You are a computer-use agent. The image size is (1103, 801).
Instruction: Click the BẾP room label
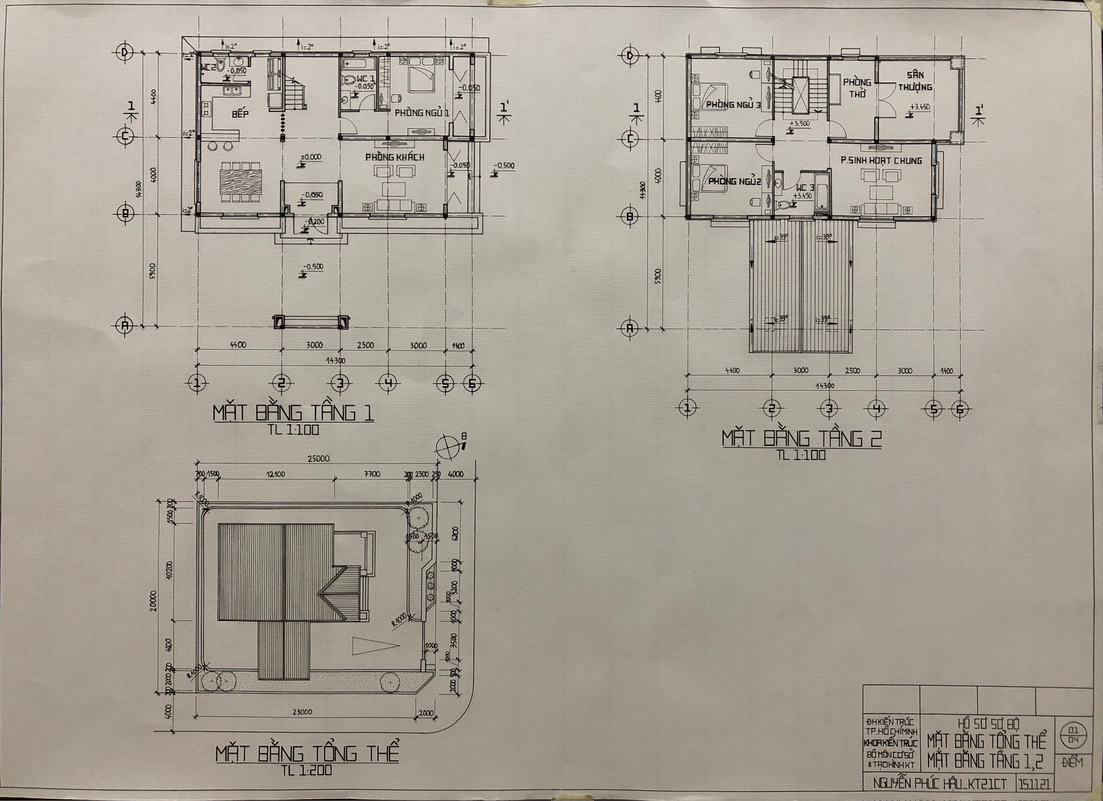tap(240, 114)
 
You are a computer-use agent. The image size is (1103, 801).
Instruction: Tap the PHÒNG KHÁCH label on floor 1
tap(394, 157)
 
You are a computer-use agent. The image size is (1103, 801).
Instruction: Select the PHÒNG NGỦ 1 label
tap(422, 113)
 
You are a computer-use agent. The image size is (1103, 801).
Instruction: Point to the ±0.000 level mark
tap(310, 157)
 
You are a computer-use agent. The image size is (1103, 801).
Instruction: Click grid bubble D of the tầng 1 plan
tap(125, 53)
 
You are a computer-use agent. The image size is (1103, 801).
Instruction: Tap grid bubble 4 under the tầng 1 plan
tap(388, 383)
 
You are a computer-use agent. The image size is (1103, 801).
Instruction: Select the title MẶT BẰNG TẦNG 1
tap(293, 413)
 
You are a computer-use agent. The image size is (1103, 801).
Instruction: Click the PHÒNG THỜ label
tap(857, 88)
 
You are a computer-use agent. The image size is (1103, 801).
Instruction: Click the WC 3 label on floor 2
tap(805, 188)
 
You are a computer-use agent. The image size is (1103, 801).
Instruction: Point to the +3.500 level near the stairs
tap(800, 124)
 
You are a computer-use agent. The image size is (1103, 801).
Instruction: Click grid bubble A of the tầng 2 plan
tap(630, 328)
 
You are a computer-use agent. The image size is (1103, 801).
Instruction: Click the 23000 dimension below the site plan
tap(302, 712)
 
